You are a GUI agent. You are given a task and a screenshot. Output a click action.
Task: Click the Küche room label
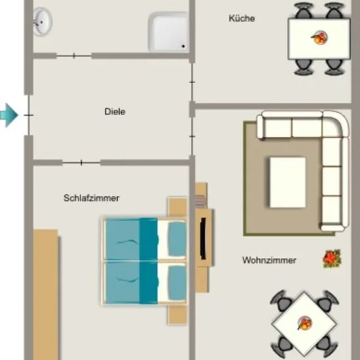[242, 18]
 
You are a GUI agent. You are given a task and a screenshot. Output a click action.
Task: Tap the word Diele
[115, 111]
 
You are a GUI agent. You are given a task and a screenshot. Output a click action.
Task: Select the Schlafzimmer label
[92, 198]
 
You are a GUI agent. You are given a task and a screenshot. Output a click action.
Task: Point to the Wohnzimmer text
[269, 260]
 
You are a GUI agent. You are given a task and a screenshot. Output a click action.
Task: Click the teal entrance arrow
[9, 115]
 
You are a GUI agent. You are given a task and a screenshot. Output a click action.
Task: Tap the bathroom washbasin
[43, 22]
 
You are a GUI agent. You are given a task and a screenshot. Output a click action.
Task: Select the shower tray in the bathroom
[169, 31]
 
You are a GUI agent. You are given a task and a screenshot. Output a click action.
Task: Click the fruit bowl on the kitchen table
[319, 38]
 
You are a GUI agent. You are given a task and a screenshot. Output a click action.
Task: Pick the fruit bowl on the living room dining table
[304, 323]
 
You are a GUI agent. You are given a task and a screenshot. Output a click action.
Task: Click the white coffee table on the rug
[288, 183]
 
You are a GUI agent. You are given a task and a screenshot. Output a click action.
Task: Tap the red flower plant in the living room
[332, 259]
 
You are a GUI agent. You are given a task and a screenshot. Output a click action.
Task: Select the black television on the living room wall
[203, 238]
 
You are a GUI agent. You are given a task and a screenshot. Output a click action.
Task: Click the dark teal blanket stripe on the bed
[149, 261]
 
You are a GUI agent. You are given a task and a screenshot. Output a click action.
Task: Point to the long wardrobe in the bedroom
[46, 295]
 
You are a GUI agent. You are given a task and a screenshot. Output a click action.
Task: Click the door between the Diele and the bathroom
[74, 56]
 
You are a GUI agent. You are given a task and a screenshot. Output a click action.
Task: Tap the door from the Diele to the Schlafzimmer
[81, 162]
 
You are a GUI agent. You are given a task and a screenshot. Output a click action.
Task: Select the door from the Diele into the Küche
[192, 82]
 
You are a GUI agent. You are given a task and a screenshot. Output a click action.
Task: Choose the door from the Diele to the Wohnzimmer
[192, 136]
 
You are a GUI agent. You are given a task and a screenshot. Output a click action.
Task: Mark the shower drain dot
[183, 46]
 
